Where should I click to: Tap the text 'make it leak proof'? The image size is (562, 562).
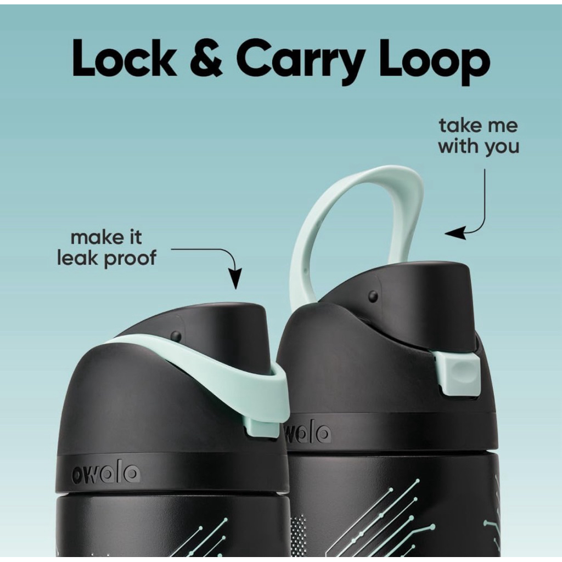[106, 248]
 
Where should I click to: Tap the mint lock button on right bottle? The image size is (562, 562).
[458, 373]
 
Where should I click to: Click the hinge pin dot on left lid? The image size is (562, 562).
[176, 336]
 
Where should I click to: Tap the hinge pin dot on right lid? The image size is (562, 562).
[373, 296]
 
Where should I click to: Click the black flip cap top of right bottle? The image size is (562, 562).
[417, 302]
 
